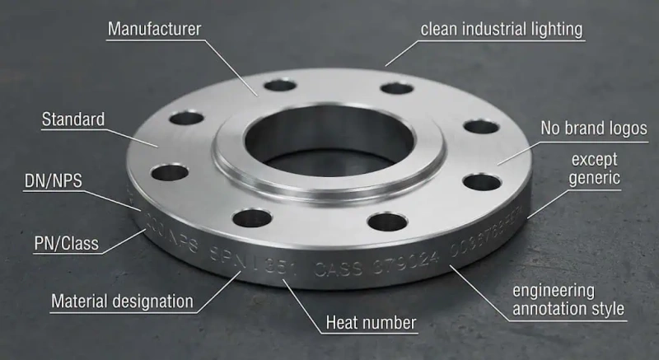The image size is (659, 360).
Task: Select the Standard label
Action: [x=73, y=119]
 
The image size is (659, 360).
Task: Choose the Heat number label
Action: [x=371, y=321]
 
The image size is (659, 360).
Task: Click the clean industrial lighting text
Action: [x=501, y=30]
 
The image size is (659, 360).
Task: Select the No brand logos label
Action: [x=593, y=129]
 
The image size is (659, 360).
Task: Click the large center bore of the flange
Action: [x=329, y=132]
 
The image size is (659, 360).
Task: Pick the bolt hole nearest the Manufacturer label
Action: [x=279, y=85]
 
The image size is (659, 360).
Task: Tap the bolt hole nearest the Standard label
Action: [x=187, y=118]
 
